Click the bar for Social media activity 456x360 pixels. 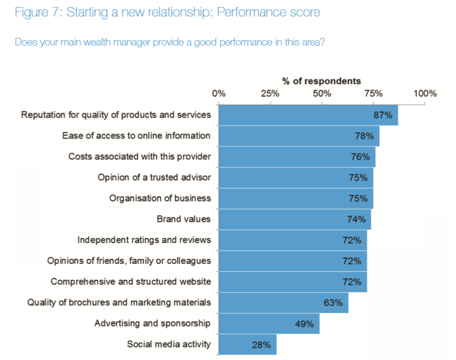tap(248, 344)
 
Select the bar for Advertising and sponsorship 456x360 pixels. tap(269, 324)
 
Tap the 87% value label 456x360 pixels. tap(383, 115)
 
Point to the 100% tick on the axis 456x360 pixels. tap(425, 93)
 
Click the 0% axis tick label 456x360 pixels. tap(219, 93)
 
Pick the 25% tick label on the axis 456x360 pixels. tap(270, 93)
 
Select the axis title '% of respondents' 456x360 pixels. tap(321, 81)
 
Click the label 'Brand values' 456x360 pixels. tap(184, 219)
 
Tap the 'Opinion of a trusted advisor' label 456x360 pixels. tap(154, 177)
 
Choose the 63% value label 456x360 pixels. tap(333, 303)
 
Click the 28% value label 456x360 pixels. tap(261, 345)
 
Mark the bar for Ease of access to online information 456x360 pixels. tap(299, 136)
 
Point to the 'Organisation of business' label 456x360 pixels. tap(160, 198)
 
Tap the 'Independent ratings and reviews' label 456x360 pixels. tap(144, 240)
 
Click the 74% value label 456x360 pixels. tap(356, 219)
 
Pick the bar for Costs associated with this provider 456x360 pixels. tap(297, 157)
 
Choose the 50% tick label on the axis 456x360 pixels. tap(322, 93)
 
